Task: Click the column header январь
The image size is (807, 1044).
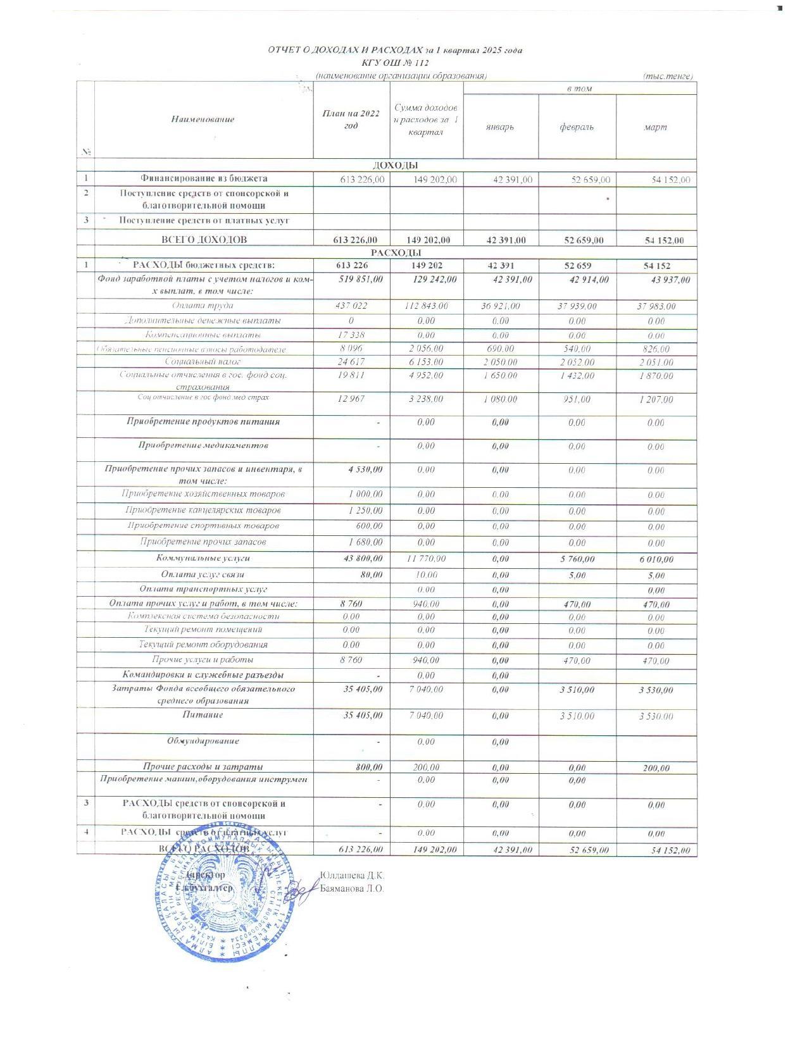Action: (x=500, y=127)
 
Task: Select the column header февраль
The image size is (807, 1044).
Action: (x=577, y=127)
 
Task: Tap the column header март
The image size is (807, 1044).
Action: (x=656, y=127)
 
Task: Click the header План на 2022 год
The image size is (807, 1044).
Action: (x=351, y=119)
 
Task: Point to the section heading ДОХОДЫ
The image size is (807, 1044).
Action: (x=396, y=165)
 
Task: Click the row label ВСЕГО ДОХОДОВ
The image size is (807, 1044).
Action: (x=204, y=240)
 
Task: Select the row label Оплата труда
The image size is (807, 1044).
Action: (x=203, y=306)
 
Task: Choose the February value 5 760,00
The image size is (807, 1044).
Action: (x=577, y=559)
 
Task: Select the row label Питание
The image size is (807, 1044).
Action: (x=203, y=715)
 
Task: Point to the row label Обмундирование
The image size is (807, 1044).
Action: (x=203, y=740)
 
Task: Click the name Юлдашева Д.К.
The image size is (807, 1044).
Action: (x=352, y=876)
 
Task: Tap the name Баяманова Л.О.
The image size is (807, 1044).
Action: (x=352, y=888)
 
